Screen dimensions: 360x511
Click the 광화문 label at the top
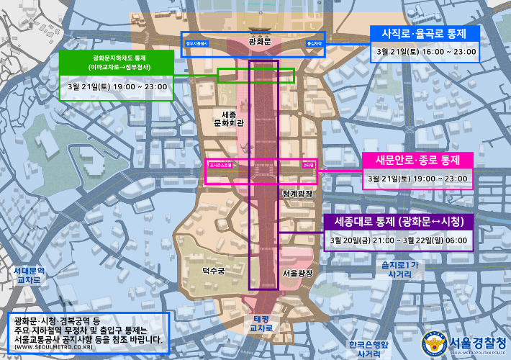pyautogui.click(x=259, y=42)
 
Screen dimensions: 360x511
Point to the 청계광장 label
pyautogui.click(x=298, y=194)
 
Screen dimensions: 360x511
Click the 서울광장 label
pyautogui.click(x=298, y=274)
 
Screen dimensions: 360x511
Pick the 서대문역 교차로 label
pyautogui.click(x=29, y=275)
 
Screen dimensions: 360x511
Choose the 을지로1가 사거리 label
pyautogui.click(x=399, y=269)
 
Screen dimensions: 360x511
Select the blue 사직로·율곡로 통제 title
pyautogui.click(x=424, y=34)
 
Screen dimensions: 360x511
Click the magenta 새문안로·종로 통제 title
pyautogui.click(x=417, y=159)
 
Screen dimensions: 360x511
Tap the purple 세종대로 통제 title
pyautogui.click(x=398, y=220)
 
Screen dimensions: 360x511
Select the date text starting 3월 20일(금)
pyautogui.click(x=398, y=240)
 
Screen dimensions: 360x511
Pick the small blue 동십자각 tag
pyautogui.click(x=314, y=43)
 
